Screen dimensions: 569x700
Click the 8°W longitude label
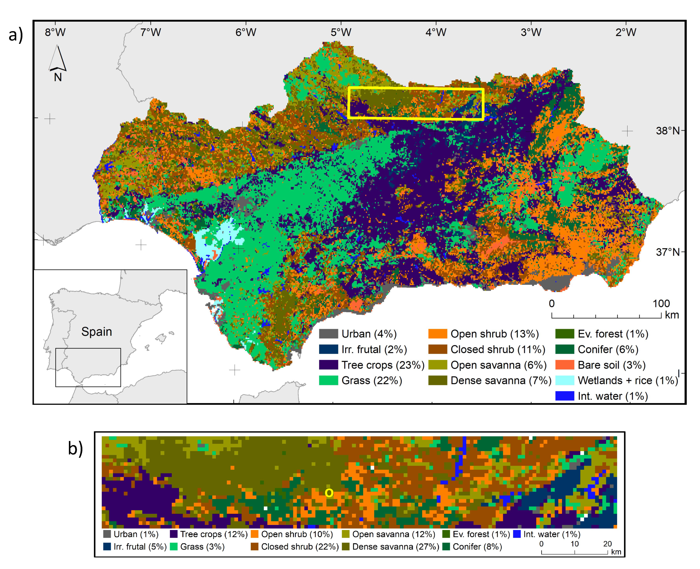(55, 32)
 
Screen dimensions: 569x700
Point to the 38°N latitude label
(668, 131)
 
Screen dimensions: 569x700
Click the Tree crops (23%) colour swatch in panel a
(328, 365)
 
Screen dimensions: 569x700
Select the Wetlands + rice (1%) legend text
(628, 380)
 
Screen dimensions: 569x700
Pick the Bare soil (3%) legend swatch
(565, 365)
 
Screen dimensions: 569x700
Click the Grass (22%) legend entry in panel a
(371, 380)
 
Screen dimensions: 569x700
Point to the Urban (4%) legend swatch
(328, 334)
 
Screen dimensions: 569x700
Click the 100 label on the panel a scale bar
(661, 304)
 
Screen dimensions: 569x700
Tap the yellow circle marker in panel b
(329, 493)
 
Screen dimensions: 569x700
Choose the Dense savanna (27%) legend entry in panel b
(395, 547)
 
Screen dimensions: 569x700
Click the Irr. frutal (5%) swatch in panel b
(107, 547)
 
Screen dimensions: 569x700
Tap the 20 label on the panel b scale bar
(607, 544)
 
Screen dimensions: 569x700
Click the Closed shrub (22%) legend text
(300, 547)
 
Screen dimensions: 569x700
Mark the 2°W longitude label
(626, 32)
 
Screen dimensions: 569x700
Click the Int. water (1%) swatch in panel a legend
(565, 396)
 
